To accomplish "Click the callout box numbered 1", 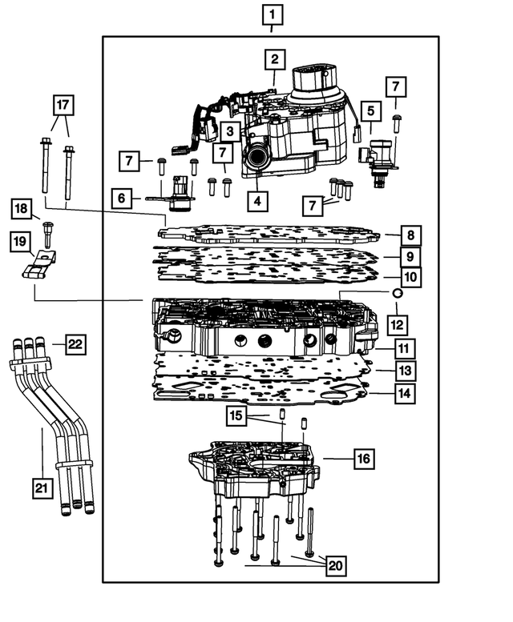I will tap(273, 14).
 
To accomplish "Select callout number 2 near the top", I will tap(274, 58).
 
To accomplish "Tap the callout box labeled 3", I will tap(229, 131).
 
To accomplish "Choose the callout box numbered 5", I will tap(370, 110).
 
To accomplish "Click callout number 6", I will tap(121, 197).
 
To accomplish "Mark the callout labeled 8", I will tap(410, 236).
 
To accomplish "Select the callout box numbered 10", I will tap(410, 277).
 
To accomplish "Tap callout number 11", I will tap(404, 349).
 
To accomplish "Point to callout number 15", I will tap(234, 416).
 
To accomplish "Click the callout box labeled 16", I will tap(363, 459).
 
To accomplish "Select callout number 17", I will tap(61, 104).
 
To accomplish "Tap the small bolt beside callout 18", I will tap(48, 233).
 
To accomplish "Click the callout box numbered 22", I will tap(75, 344).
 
